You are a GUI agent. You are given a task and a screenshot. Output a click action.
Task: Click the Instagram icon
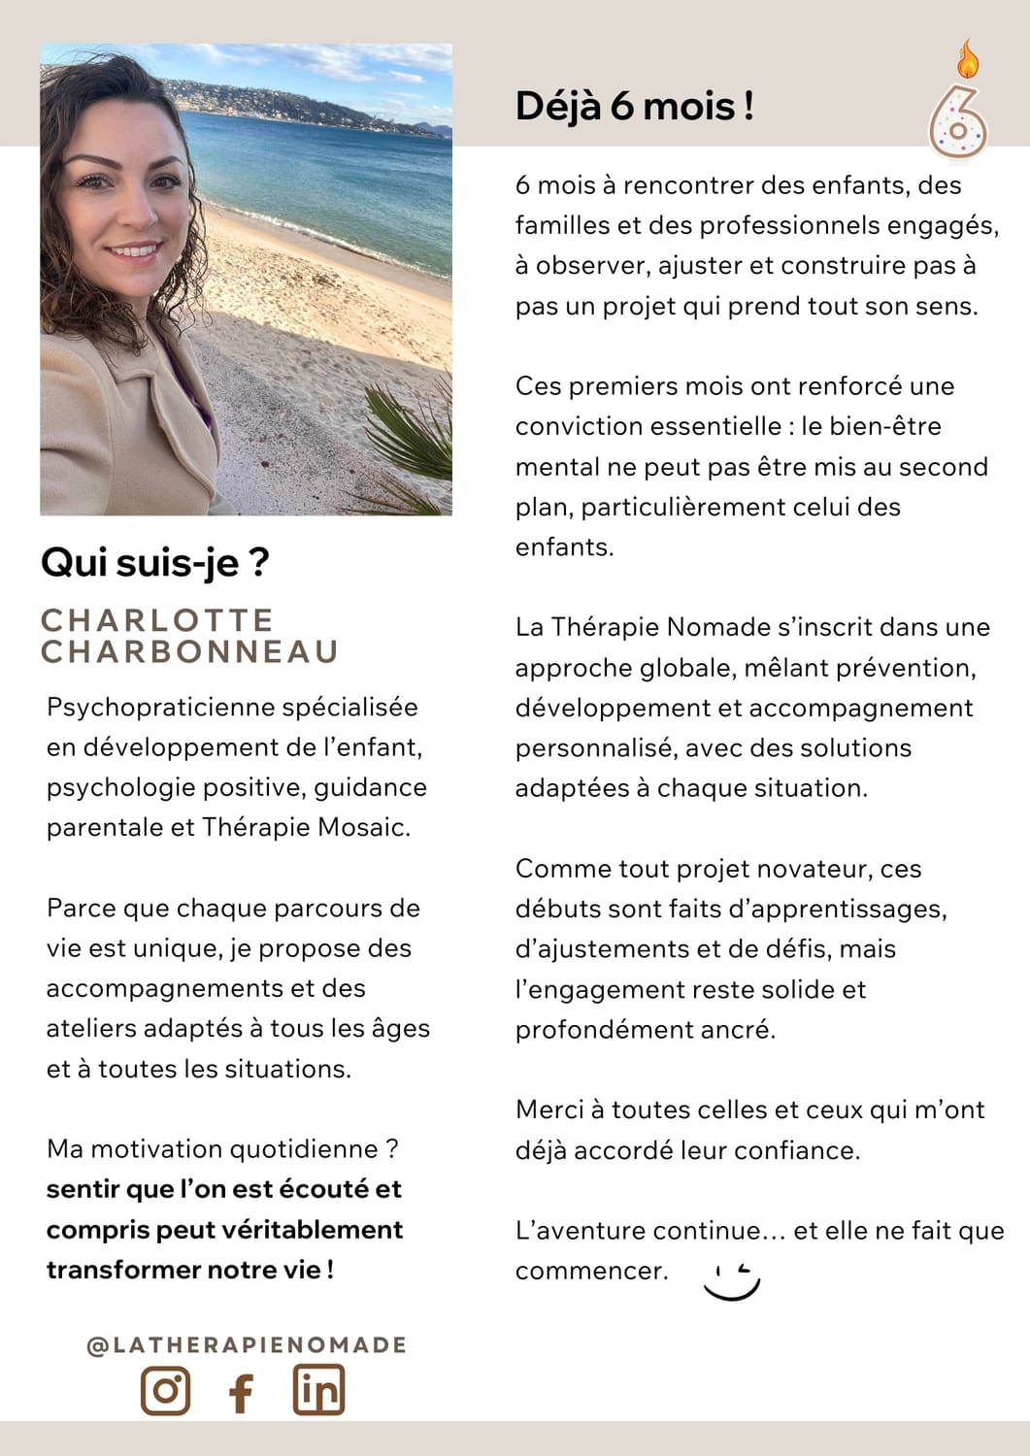(x=165, y=1390)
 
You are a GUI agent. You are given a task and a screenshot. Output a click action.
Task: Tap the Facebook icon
(x=241, y=1392)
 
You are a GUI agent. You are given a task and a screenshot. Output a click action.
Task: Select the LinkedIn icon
(x=318, y=1389)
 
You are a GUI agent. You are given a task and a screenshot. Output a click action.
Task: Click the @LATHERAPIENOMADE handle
(x=247, y=1344)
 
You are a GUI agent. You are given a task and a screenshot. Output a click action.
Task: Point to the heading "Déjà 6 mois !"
(x=634, y=106)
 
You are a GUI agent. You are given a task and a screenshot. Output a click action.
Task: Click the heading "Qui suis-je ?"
(x=154, y=562)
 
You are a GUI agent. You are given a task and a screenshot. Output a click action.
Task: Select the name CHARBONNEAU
(x=189, y=651)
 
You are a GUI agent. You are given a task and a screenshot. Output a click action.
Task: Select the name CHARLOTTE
(x=157, y=619)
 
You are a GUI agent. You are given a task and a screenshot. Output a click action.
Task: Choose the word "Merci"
(x=550, y=1109)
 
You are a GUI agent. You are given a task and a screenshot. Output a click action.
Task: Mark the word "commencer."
(x=591, y=1271)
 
